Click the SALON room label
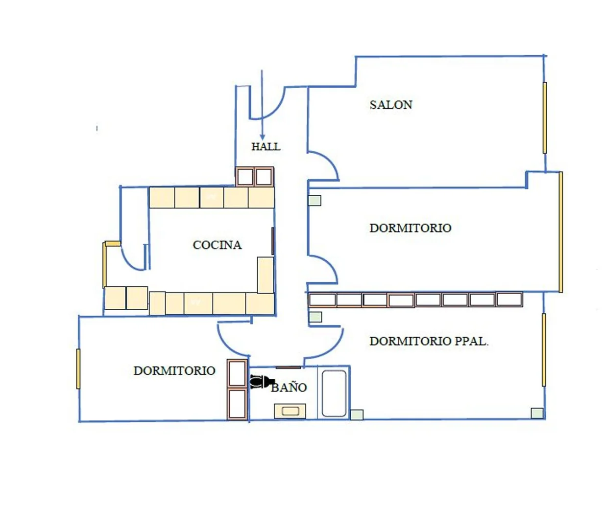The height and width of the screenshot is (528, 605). [x=390, y=105]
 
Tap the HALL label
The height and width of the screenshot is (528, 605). [x=266, y=147]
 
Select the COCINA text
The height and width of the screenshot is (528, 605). [x=217, y=245]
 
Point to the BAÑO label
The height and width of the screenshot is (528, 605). [x=289, y=388]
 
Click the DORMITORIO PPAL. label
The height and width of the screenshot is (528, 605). [x=429, y=342]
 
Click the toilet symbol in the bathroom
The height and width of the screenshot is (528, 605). [x=260, y=382]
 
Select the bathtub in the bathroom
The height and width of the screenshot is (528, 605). [x=334, y=393]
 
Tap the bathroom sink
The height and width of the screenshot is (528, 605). [x=290, y=411]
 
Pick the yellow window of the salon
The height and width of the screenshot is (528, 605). [x=545, y=118]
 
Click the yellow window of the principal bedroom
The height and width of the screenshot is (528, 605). [x=544, y=350]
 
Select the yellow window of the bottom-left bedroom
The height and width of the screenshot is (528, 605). [x=78, y=369]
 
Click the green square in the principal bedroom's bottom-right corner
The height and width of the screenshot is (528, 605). [x=537, y=413]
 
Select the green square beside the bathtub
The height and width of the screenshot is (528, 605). [x=357, y=414]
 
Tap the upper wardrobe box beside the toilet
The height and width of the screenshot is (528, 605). [x=237, y=373]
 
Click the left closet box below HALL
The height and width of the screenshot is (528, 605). [x=245, y=177]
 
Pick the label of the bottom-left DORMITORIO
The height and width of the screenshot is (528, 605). [x=174, y=371]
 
